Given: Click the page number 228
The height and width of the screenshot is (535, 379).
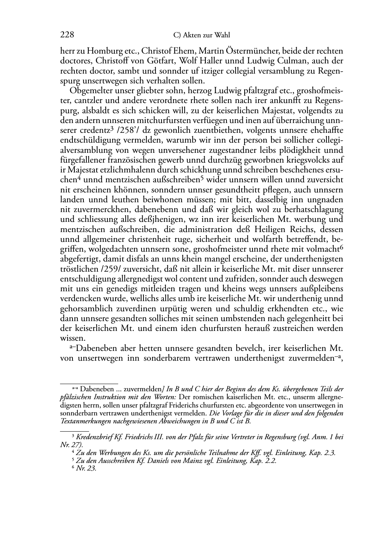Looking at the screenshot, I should point(67,35).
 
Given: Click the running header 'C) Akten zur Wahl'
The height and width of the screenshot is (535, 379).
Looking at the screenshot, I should point(202,35).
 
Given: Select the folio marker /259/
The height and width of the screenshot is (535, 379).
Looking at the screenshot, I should point(114,269).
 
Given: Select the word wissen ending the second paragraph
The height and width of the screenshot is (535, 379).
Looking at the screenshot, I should point(71,338).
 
